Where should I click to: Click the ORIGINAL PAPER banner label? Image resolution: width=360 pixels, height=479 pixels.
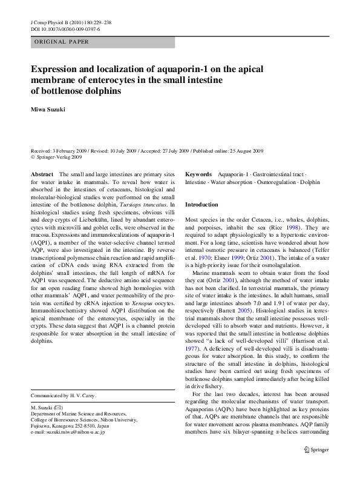[62, 42]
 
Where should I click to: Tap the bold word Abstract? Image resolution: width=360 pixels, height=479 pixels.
[42, 174]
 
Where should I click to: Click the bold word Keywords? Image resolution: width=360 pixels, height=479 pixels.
[198, 174]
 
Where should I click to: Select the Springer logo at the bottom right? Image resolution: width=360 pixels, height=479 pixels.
[316, 449]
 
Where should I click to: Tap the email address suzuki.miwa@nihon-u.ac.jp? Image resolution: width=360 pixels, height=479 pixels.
[67, 432]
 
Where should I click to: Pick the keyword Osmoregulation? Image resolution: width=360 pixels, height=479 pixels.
[266, 181]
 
